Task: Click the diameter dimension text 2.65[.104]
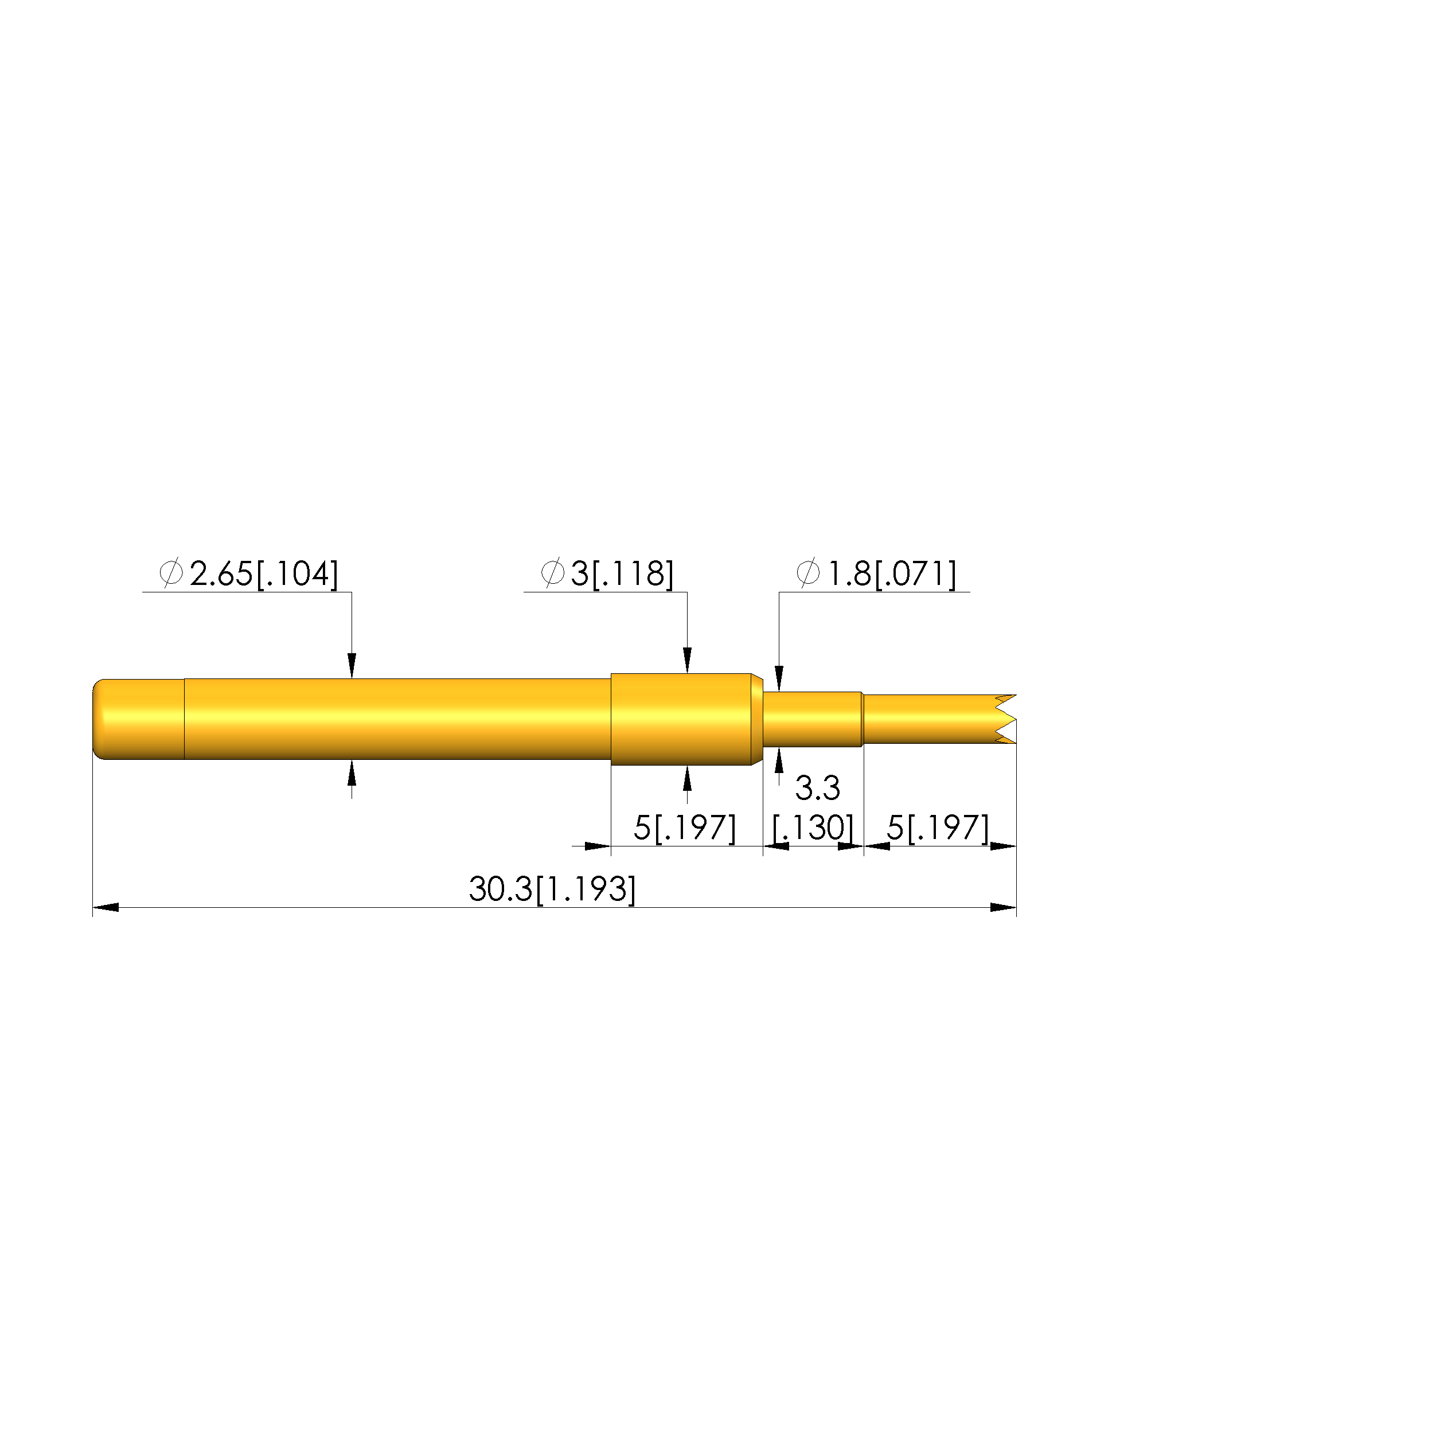[x=264, y=574]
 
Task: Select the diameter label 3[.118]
[x=622, y=574]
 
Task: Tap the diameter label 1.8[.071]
[x=892, y=574]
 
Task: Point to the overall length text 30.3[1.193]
[x=552, y=889]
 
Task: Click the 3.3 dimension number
[x=818, y=788]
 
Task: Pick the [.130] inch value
[x=814, y=828]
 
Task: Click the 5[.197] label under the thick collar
[x=685, y=828]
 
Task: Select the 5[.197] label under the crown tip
[x=938, y=828]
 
